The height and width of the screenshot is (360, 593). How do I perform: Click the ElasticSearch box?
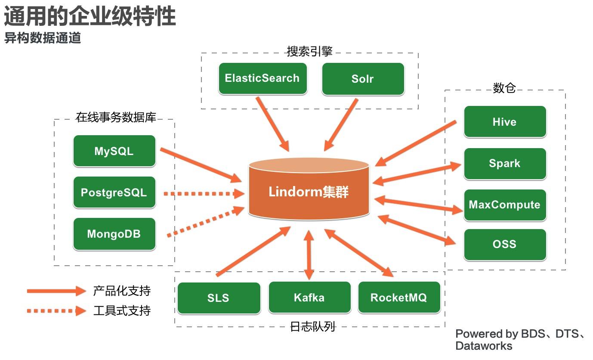pos(263,78)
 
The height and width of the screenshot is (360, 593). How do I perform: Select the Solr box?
pos(363,79)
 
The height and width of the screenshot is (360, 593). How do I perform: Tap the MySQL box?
pos(114,151)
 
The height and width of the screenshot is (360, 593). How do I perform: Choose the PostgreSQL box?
pos(114,192)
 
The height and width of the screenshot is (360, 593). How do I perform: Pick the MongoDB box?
pos(114,234)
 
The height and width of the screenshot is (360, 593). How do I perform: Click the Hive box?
pos(504,122)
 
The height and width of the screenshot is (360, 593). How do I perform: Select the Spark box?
pos(504,164)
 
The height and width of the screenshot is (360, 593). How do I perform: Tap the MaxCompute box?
pos(504,205)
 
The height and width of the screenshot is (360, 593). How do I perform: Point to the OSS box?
pos(504,244)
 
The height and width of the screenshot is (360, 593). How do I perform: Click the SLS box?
pos(219,298)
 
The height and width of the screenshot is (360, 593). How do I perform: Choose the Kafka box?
pos(309,297)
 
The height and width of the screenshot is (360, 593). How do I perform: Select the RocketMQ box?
pos(398,297)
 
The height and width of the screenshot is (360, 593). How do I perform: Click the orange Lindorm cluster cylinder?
pos(309,189)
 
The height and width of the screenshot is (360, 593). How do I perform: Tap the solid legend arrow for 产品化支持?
pos(56,291)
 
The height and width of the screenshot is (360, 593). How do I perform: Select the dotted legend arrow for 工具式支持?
pos(56,310)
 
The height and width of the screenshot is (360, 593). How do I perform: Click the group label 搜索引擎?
pos(309,52)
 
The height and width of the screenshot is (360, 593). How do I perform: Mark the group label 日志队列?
pos(312,327)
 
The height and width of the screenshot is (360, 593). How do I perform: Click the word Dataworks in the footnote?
pos(484,346)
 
